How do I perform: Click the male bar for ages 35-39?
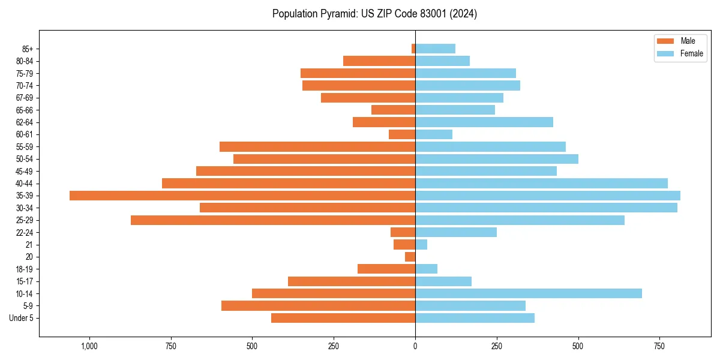point(242,196)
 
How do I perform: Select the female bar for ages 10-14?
point(528,293)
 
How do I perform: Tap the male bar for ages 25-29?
point(273,220)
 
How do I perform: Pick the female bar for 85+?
point(435,49)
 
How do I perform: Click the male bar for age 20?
point(410,257)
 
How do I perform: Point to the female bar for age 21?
point(421,244)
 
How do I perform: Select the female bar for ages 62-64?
point(484,122)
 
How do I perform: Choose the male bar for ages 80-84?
point(379,61)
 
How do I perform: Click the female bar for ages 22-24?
point(456,232)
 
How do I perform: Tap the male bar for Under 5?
point(343,318)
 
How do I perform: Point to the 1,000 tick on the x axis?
point(89,347)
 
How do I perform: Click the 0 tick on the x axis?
point(415,347)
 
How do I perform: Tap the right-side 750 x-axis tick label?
point(659,347)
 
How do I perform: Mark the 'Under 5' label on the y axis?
point(21,318)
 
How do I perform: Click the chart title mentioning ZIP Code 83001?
point(374,14)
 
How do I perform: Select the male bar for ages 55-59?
point(317,147)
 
